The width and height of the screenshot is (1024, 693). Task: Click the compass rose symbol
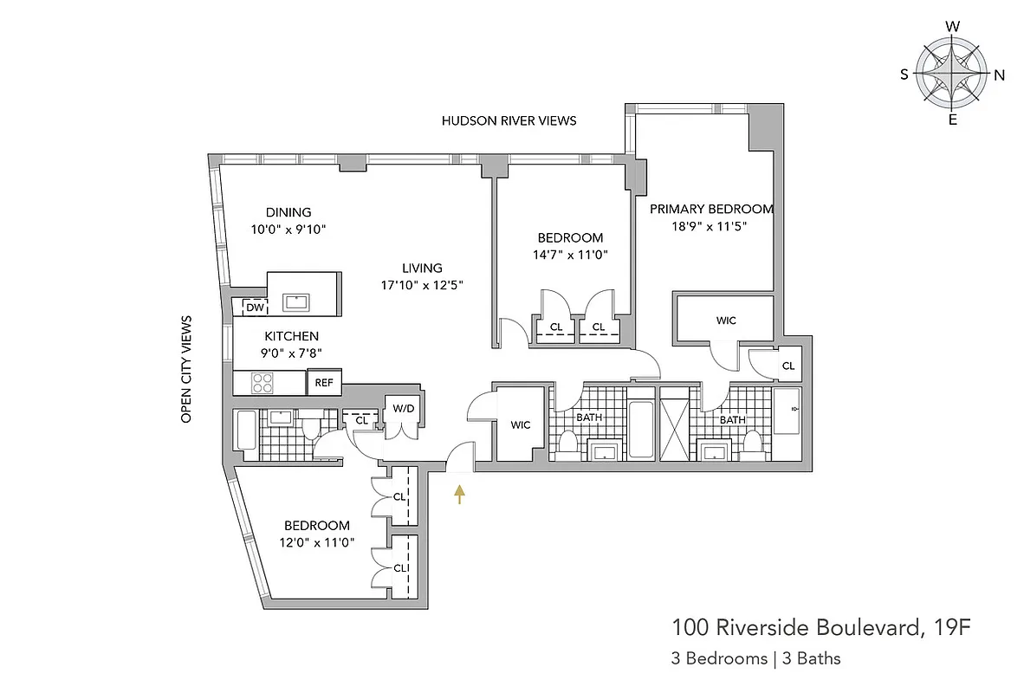(952, 74)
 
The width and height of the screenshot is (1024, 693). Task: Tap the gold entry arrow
(459, 493)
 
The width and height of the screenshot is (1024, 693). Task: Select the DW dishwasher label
(255, 308)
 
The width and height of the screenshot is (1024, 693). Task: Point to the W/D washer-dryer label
(403, 408)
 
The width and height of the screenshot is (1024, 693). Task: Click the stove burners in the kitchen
(262, 382)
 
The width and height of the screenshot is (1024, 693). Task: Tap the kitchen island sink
(297, 301)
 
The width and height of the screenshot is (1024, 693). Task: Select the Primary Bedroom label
(711, 209)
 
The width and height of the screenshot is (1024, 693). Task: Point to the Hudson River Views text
(509, 121)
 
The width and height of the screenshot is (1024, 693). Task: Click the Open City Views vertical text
(185, 369)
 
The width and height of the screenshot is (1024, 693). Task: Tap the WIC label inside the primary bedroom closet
(726, 321)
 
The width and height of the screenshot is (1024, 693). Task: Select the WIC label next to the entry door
(520, 425)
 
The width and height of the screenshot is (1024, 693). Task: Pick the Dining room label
(288, 212)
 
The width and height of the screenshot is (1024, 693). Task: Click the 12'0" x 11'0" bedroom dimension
(317, 542)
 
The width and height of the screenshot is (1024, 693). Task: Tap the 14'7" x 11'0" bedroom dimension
(570, 255)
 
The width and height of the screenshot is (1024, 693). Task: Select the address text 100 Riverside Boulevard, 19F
(819, 626)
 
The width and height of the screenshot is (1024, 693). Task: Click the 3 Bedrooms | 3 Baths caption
(755, 658)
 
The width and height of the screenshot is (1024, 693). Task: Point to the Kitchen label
(292, 336)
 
